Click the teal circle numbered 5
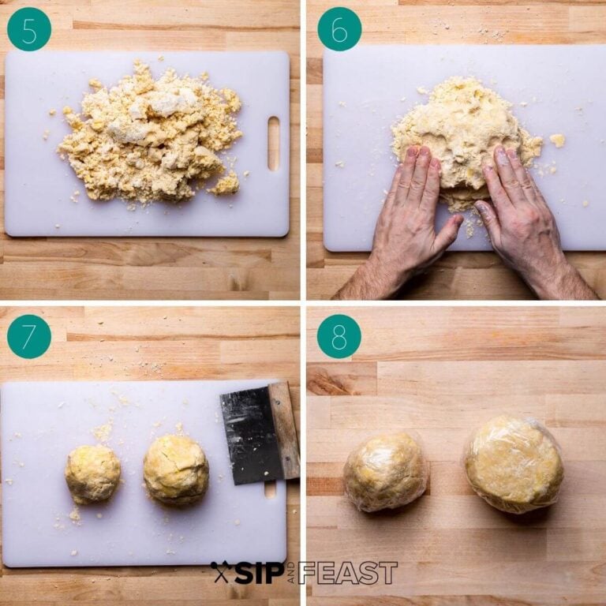pyautogui.click(x=29, y=29)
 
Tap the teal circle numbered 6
pyautogui.click(x=339, y=29)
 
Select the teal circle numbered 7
pyautogui.click(x=29, y=337)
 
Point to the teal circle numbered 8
pyautogui.click(x=339, y=337)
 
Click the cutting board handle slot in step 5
pyautogui.click(x=273, y=143)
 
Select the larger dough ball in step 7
pyautogui.click(x=176, y=470)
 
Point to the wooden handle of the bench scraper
pyautogui.click(x=285, y=430)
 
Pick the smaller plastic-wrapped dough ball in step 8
pyautogui.click(x=386, y=472)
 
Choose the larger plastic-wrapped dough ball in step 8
pyautogui.click(x=514, y=465)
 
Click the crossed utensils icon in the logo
pyautogui.click(x=220, y=572)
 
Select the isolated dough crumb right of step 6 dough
pyautogui.click(x=557, y=140)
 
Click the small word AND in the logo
pyautogui.click(x=290, y=573)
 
